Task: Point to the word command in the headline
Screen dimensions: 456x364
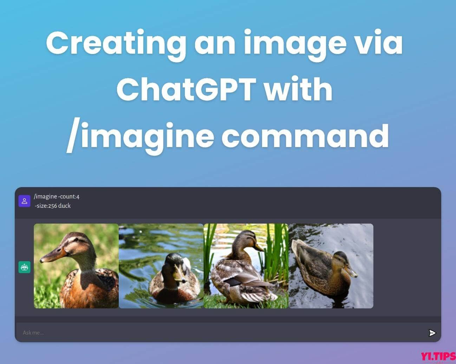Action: click(x=305, y=135)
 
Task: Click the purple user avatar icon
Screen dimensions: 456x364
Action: click(x=24, y=201)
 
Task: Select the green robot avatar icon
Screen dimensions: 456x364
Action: click(x=24, y=267)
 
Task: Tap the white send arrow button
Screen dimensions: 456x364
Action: click(x=432, y=333)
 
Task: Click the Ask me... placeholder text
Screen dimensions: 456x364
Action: click(x=33, y=333)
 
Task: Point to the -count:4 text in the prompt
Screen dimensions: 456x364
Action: click(x=69, y=197)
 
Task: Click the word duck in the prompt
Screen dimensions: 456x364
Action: click(x=64, y=206)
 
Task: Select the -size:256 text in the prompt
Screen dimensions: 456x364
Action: click(x=46, y=206)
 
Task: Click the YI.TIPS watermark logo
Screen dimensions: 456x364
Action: click(x=438, y=356)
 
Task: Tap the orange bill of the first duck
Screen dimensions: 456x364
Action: click(x=53, y=254)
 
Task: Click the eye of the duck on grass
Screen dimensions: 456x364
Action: click(x=77, y=239)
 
